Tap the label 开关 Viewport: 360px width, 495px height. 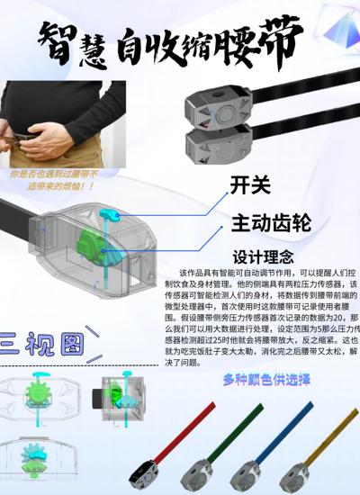(250, 185)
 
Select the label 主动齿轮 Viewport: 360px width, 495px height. (271, 221)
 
